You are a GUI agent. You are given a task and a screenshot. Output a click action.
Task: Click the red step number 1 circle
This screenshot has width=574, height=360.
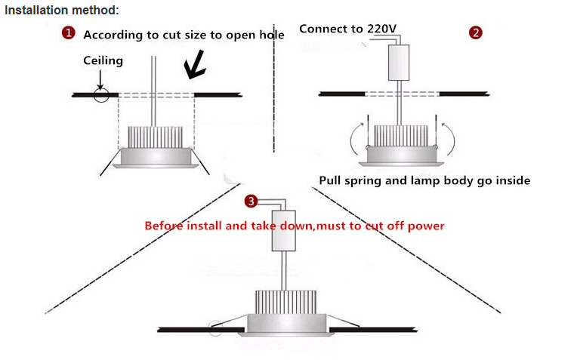(69, 33)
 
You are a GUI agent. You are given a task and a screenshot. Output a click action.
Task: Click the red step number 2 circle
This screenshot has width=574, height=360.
(476, 32)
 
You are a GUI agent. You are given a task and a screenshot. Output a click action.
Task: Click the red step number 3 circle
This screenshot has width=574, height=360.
(252, 201)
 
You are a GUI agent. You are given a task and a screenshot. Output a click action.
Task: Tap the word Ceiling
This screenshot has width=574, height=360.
(102, 60)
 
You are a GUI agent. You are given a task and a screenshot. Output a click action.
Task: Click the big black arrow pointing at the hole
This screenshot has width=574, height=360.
(197, 67)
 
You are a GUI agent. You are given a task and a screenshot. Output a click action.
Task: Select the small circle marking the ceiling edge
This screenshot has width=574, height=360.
(101, 95)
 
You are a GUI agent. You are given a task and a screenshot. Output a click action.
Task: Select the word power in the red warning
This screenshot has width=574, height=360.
(427, 225)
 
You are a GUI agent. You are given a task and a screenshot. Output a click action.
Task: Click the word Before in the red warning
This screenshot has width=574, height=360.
(165, 225)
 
